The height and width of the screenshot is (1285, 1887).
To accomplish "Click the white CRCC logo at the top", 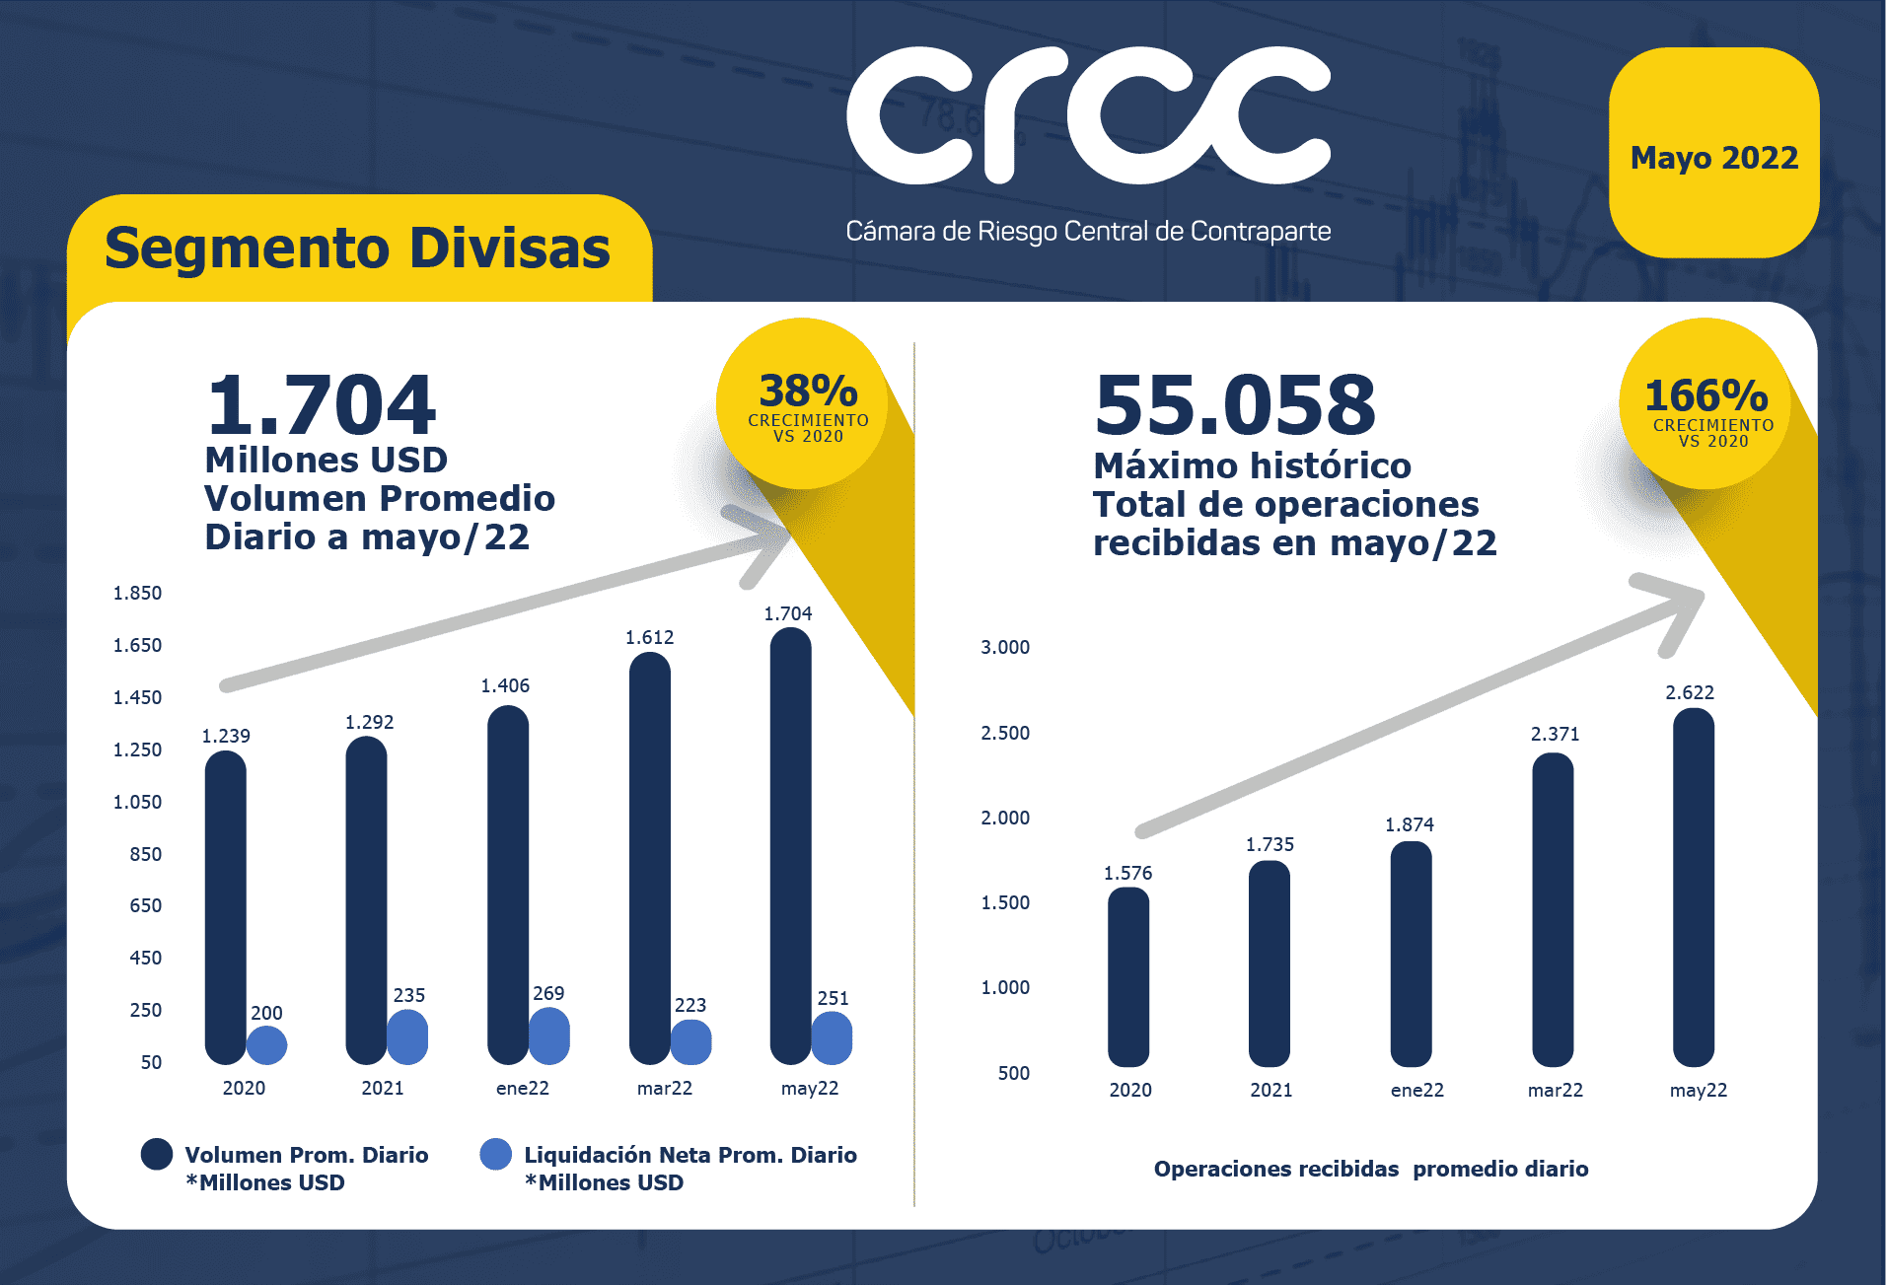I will pos(1088,116).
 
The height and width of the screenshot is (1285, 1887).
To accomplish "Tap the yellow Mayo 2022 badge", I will pos(1713,155).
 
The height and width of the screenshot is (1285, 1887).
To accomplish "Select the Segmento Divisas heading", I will pos(357,248).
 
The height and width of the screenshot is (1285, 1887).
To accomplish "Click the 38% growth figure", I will pos(808,392).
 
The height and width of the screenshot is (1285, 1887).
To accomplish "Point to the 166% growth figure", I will pos(1706,396).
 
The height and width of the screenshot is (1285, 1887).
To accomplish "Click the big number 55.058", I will pos(1234,405).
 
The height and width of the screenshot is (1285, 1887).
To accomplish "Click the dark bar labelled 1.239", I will pos(226,907).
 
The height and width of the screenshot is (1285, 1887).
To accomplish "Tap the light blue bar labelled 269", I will pos(549,1036).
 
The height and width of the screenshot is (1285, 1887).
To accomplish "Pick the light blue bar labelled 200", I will pos(266,1045).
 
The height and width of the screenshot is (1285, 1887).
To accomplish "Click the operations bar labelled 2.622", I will pos(1694,888).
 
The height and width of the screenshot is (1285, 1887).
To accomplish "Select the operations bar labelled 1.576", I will pos(1128,976).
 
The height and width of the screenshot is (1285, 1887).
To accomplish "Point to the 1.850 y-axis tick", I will pos(137,593).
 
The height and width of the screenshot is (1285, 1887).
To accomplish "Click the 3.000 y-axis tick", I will pos(1004,647).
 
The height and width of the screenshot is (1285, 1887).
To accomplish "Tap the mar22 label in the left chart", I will pos(664,1088).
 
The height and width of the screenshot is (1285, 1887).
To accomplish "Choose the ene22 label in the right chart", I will pos(1416,1090).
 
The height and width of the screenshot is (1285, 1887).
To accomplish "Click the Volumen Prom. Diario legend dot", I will pos(157,1154).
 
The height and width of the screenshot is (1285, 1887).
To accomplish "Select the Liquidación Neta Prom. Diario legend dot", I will pos(496,1154).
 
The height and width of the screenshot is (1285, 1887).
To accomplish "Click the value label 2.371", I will pos(1555,734).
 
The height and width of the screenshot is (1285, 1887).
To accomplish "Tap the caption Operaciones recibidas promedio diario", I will pos(1370,1169).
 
